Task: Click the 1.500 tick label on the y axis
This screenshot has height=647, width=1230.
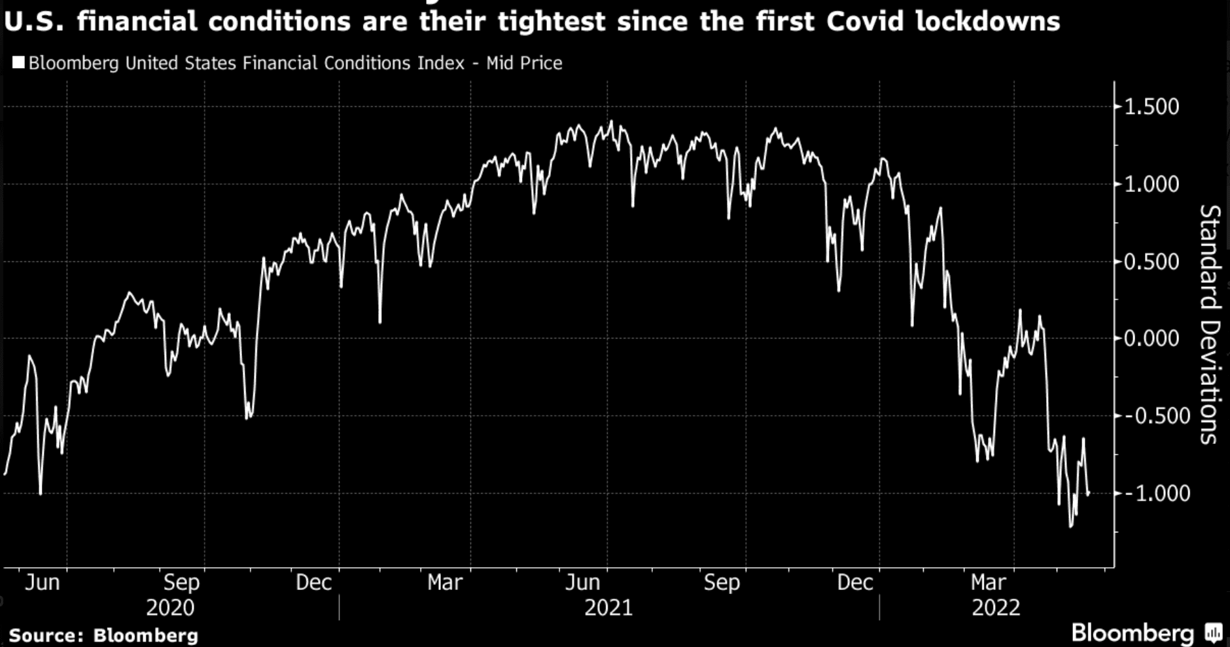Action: click(1151, 107)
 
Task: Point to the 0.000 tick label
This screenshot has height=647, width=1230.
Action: click(1151, 339)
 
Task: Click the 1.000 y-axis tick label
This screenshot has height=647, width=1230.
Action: click(1151, 184)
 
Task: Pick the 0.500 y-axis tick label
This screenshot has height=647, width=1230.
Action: click(1151, 261)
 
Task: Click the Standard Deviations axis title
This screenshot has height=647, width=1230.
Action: click(1210, 324)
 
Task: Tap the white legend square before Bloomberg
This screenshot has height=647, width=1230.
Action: click(18, 63)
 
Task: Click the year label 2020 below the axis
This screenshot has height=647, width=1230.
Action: click(170, 608)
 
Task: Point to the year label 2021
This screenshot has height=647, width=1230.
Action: click(608, 608)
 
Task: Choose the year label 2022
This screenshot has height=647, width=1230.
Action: click(996, 608)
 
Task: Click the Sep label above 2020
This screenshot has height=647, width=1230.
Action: click(181, 582)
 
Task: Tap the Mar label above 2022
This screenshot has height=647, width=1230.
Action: click(989, 582)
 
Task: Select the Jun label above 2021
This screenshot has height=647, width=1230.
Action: click(582, 582)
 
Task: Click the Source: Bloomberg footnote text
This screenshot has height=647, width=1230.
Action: click(103, 635)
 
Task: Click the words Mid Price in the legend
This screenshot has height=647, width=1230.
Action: click(524, 63)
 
